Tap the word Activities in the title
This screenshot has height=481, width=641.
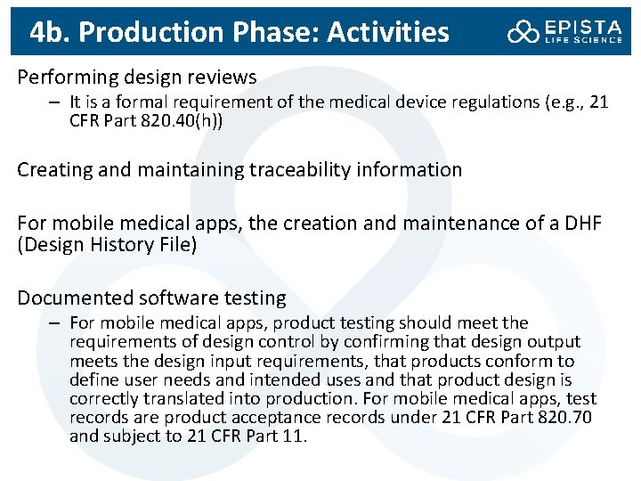(388, 32)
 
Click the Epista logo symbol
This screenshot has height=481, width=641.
(523, 32)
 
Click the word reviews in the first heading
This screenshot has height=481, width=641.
(223, 77)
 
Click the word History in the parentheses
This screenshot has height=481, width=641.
(119, 242)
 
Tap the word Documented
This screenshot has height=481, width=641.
(68, 298)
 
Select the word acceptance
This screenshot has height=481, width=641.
(302, 418)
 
